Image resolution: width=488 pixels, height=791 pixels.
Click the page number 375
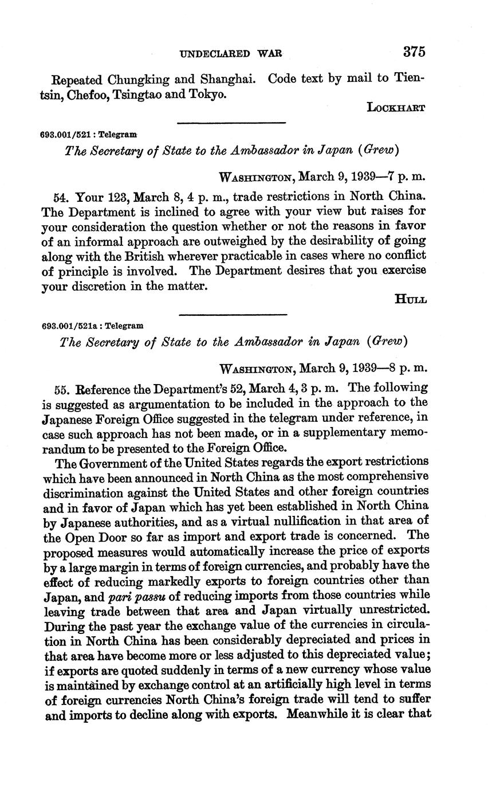(x=414, y=52)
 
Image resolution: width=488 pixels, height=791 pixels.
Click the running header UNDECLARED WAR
(x=231, y=54)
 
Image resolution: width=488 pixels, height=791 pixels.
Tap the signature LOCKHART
(x=396, y=108)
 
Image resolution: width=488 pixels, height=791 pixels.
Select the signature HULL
(x=411, y=299)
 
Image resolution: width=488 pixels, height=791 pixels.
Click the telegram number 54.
(x=60, y=197)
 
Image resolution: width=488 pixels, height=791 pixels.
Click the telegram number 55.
(x=61, y=389)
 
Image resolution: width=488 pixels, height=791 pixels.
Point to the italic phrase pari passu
(x=132, y=596)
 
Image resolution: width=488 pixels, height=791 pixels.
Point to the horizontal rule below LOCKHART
(x=231, y=123)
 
